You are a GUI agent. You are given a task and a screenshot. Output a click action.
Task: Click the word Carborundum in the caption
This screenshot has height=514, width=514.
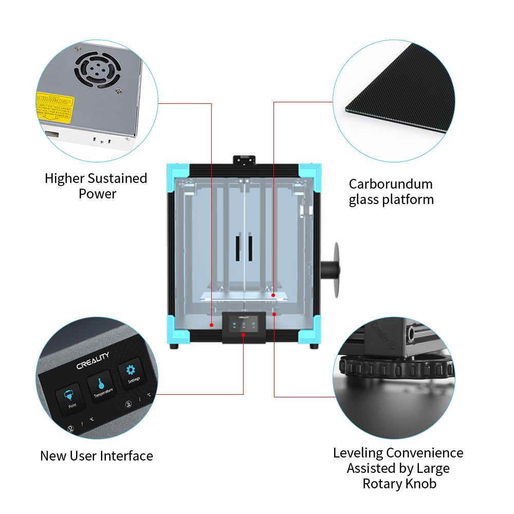(391, 184)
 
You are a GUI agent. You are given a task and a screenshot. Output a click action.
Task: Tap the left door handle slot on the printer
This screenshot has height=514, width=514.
(238, 248)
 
